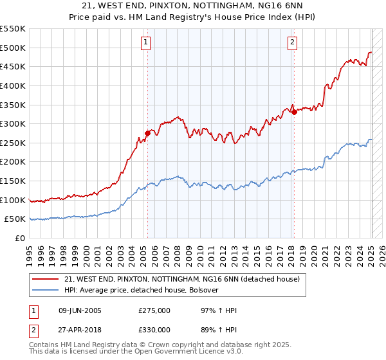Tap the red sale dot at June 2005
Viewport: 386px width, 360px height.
click(x=147, y=134)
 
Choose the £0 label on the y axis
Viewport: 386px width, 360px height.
click(x=19, y=239)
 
